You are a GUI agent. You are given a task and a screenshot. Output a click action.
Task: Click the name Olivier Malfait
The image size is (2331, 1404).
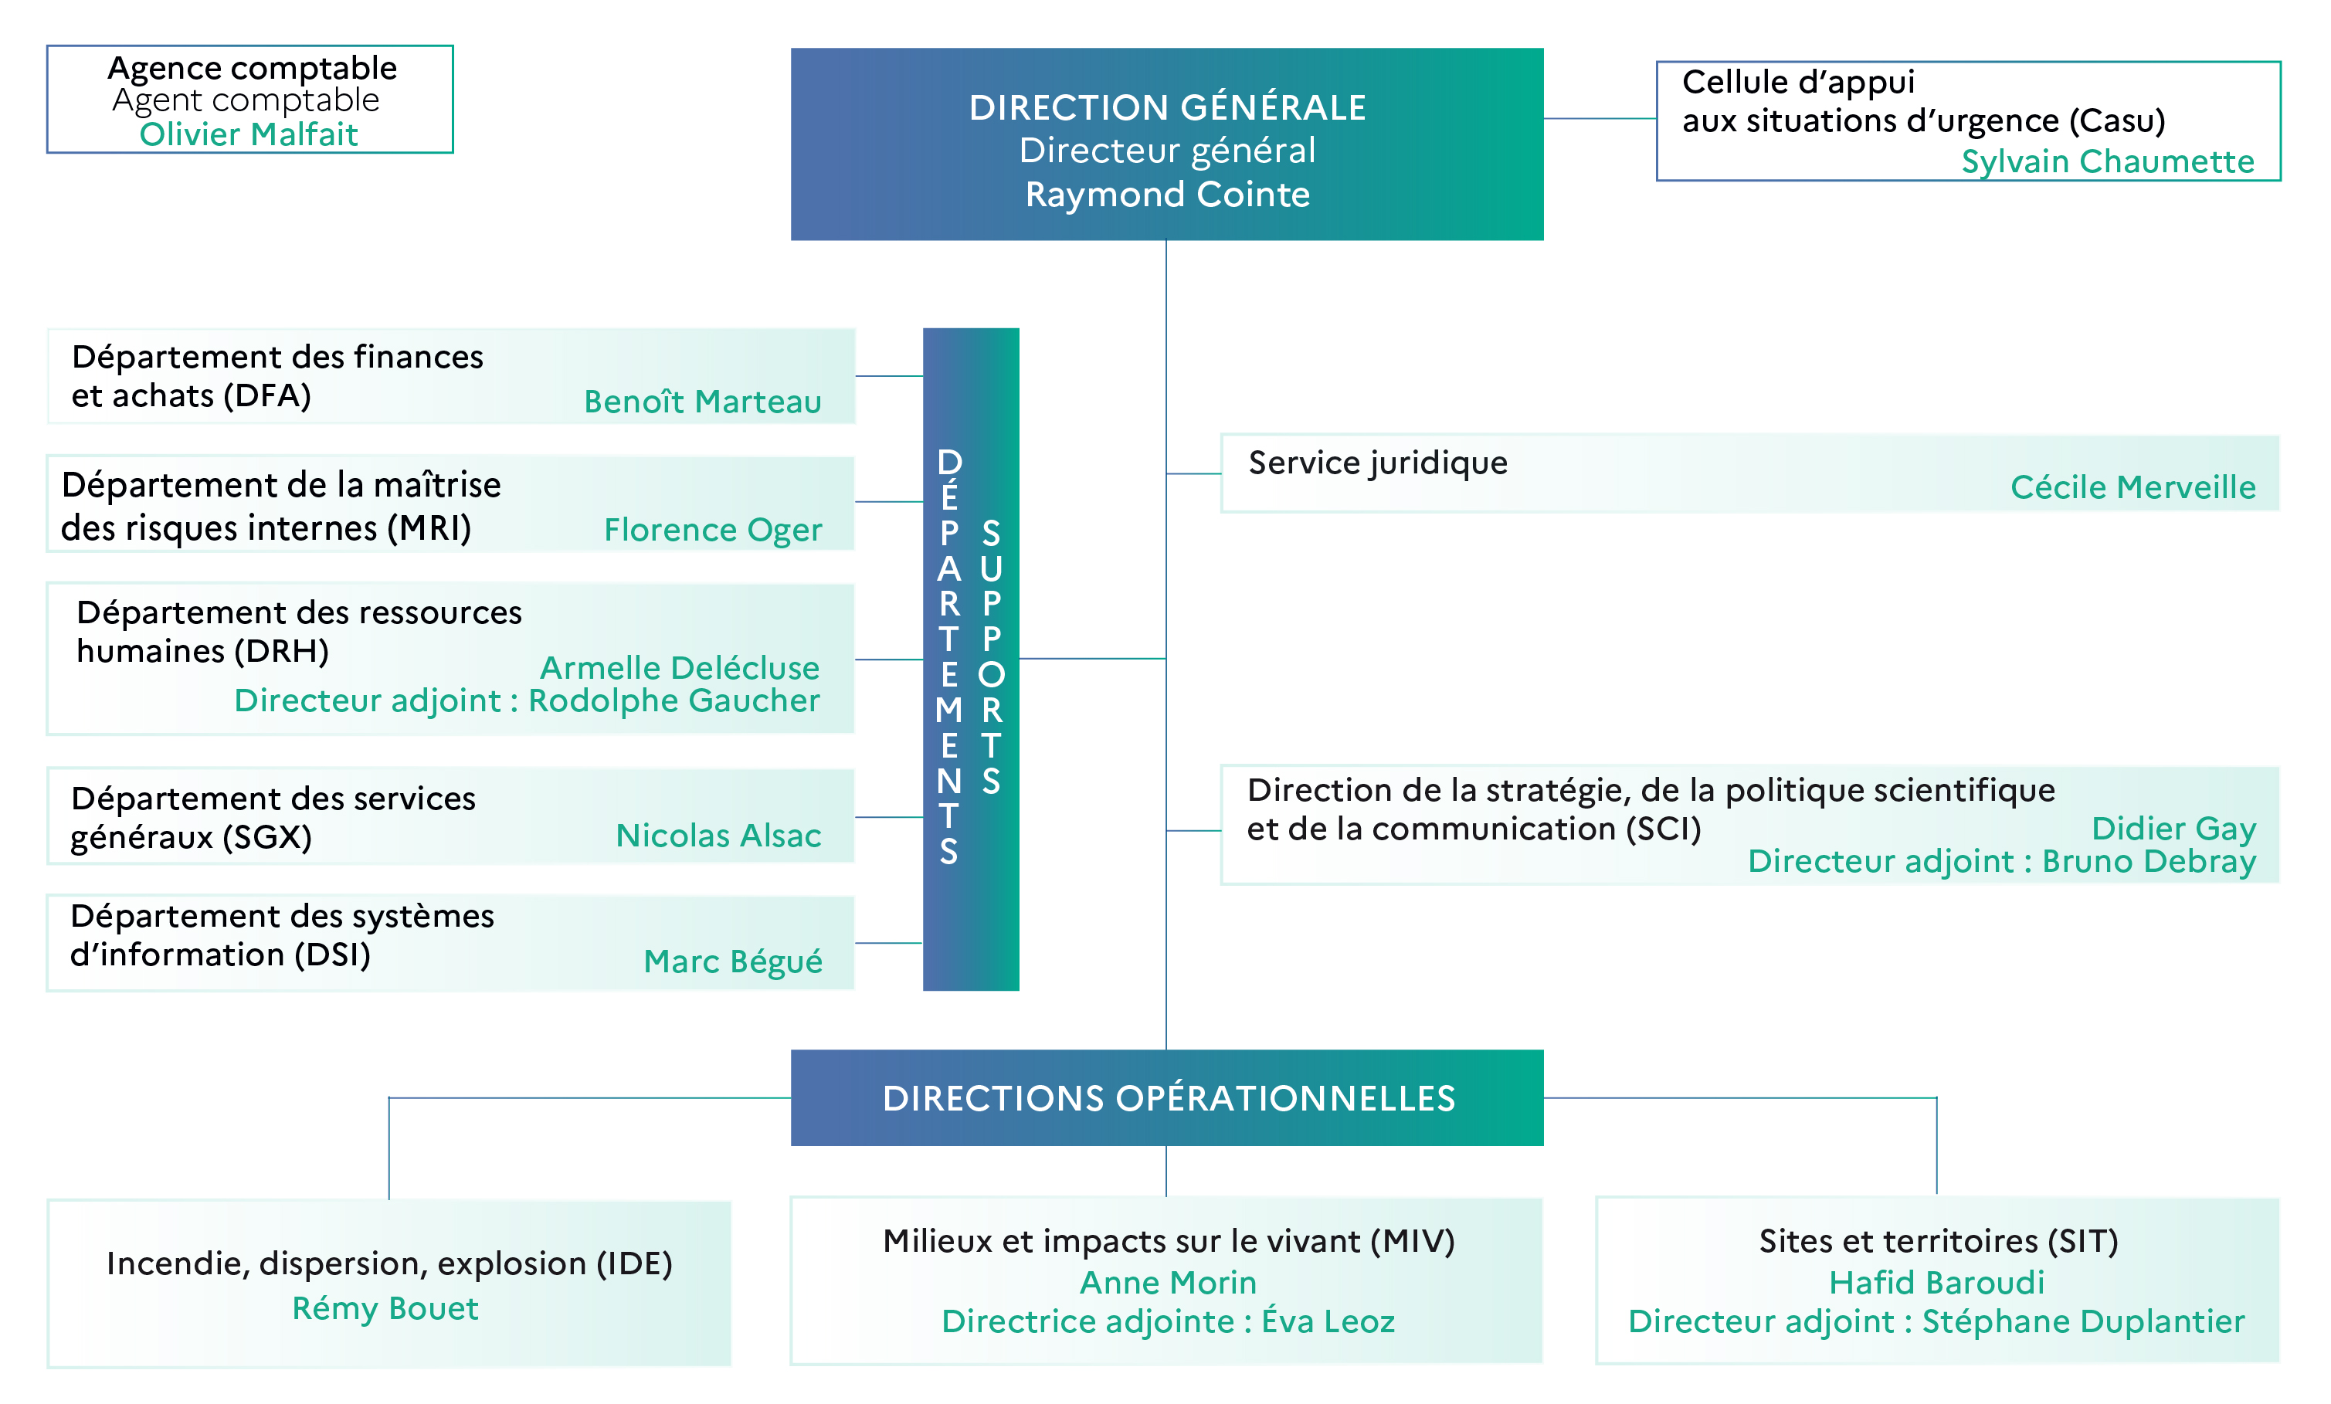(249, 134)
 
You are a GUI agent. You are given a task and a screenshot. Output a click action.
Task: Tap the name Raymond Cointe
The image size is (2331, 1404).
(1167, 194)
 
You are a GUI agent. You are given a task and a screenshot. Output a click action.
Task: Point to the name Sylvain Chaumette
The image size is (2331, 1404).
(2108, 161)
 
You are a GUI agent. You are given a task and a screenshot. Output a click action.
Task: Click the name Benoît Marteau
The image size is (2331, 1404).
(703, 401)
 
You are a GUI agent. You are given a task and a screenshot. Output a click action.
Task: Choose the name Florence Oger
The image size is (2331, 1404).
(714, 530)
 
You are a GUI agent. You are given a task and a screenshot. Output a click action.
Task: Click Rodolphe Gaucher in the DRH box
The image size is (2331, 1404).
(674, 701)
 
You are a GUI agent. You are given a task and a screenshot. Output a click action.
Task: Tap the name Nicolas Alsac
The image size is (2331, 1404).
(719, 836)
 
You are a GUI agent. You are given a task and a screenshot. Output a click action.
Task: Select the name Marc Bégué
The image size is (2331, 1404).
(733, 961)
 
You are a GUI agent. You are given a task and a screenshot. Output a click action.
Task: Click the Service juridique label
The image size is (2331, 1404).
(1379, 463)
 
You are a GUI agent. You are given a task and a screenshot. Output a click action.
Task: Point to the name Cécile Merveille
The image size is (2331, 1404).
(2133, 487)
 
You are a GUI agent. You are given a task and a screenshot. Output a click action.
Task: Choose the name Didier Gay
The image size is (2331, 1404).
(2174, 829)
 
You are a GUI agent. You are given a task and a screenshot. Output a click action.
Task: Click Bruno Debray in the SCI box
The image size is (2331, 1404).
(2149, 862)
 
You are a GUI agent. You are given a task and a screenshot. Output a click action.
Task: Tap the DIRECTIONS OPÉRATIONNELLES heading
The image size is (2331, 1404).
(1169, 1098)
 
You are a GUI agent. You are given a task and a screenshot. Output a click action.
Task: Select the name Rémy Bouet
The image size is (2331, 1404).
(385, 1308)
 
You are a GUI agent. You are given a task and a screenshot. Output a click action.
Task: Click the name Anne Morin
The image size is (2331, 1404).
(1169, 1283)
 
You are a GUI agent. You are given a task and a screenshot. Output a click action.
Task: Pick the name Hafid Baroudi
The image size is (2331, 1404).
(1936, 1283)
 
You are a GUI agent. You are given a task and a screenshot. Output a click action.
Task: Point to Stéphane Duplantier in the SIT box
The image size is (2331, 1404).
(2083, 1321)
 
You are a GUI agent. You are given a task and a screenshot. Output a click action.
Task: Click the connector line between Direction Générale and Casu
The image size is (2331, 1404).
(1600, 118)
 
